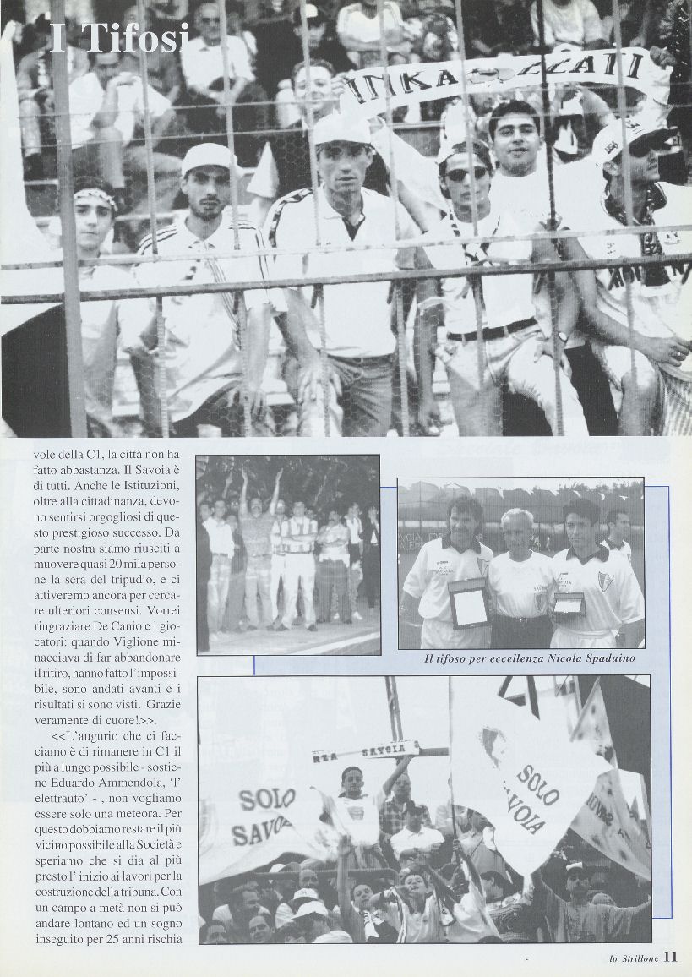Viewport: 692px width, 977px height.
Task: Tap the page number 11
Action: tap(670, 958)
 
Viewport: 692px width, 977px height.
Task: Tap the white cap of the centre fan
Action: tap(342, 128)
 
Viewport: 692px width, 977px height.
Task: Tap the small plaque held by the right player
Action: tap(569, 603)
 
